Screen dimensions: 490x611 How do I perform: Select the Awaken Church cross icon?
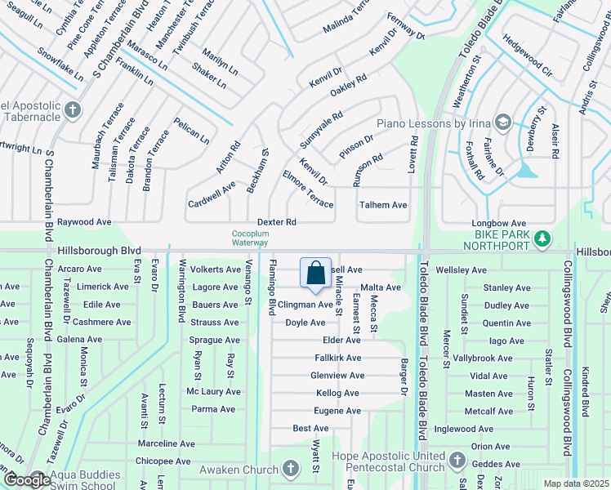coord(290,468)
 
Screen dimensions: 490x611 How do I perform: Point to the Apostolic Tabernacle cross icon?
coord(73,109)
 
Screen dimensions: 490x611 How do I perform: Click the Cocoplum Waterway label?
coord(249,238)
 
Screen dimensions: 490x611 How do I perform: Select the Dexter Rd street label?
coord(276,222)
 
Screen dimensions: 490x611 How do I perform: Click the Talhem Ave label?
coord(383,205)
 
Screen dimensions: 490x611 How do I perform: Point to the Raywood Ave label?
coord(84,222)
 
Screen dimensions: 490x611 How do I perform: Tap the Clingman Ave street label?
coord(305,305)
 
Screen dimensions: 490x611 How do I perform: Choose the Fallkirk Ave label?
coord(337,358)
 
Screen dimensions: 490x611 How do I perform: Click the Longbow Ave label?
coord(498,223)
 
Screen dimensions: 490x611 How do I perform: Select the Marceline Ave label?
coord(166,444)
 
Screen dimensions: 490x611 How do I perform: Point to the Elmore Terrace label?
coord(307,189)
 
